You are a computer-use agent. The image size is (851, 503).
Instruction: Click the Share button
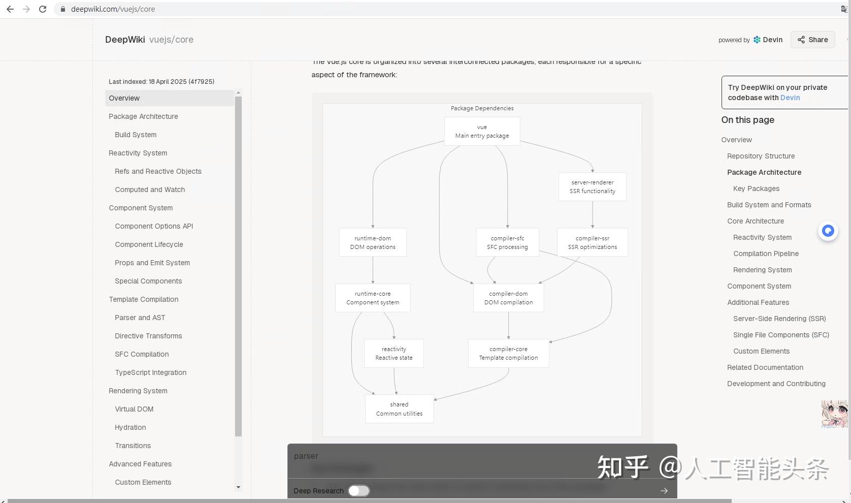point(812,40)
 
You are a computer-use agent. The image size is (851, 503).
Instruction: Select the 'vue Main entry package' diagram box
point(482,131)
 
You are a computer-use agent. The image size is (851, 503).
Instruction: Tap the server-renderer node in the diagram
point(592,186)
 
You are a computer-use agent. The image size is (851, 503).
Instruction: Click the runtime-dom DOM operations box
point(373,242)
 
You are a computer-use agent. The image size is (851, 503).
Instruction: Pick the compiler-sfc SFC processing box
point(507,242)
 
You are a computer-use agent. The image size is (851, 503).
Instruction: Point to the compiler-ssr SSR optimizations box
point(592,242)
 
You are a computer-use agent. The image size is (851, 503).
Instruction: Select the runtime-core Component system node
point(373,298)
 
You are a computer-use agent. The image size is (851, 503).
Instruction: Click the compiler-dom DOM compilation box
point(508,298)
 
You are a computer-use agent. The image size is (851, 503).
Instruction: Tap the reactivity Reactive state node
point(394,353)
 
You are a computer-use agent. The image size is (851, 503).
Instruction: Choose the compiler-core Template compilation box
point(508,353)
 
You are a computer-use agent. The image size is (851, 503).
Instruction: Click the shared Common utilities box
point(399,408)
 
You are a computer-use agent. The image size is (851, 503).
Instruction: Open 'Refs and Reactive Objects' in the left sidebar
point(158,171)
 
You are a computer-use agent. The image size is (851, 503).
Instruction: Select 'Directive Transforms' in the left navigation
point(148,336)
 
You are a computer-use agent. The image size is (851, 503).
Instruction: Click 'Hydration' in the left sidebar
point(130,427)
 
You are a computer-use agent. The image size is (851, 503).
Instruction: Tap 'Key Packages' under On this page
point(756,188)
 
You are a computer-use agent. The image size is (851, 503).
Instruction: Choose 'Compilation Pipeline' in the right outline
point(766,254)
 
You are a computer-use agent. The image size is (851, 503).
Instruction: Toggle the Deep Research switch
point(359,491)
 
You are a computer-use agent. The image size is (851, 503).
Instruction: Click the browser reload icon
point(43,9)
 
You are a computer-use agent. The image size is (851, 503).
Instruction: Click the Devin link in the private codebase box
point(790,98)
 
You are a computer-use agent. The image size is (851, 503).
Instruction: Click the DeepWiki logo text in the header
point(125,40)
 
